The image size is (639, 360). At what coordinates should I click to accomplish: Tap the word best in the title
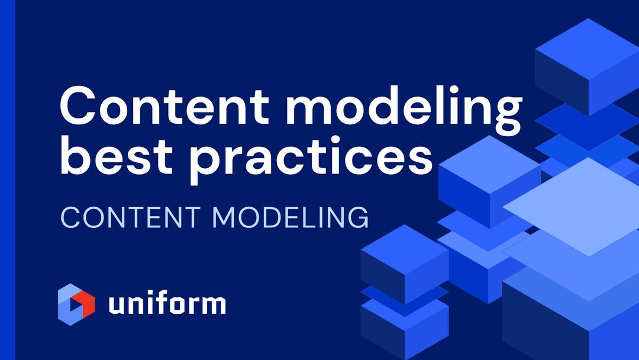122,155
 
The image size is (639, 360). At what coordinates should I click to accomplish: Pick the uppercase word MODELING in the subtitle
291,217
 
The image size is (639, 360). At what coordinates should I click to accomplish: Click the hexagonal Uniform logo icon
76,304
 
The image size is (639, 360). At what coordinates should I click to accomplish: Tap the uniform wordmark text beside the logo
167,304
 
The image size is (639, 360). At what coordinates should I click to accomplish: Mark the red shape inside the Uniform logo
85,304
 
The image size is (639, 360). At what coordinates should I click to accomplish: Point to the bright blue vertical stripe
7,180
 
